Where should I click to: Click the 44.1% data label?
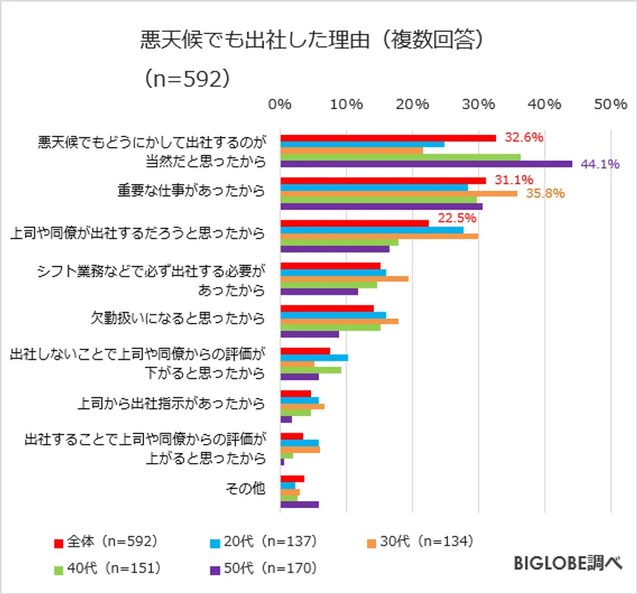tap(601, 163)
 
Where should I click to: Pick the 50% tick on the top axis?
tap(610, 104)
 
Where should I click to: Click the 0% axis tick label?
tap(281, 104)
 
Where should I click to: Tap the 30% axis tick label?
tap(479, 104)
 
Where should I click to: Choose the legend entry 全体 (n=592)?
tap(106, 541)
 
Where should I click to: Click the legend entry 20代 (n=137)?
tap(264, 541)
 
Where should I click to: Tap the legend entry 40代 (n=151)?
tap(106, 567)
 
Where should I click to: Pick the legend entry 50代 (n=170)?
tap(264, 567)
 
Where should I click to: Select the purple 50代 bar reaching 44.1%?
tap(426, 164)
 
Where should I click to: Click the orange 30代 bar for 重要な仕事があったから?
tap(399, 193)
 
